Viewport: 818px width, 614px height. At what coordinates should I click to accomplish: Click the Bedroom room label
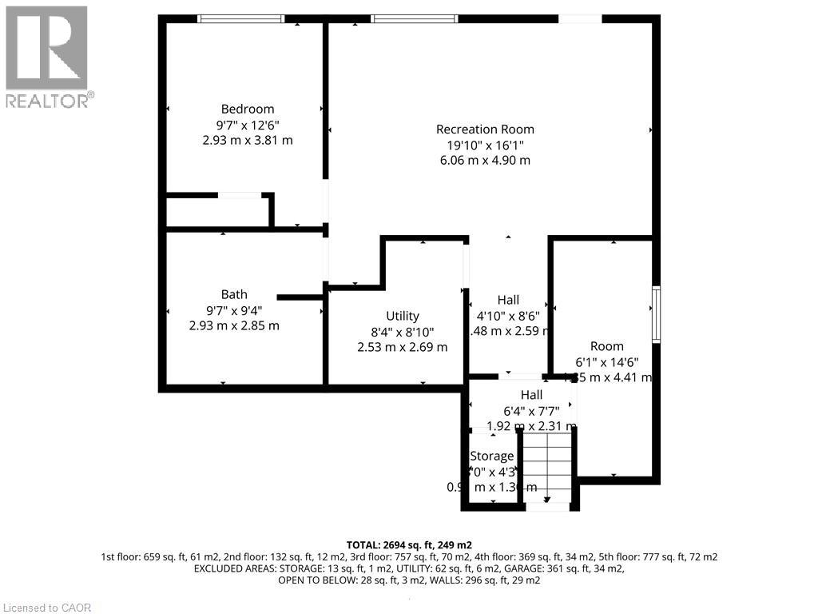(248, 110)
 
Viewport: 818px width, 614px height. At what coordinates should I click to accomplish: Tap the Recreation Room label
(485, 130)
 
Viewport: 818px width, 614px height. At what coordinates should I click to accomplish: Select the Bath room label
(234, 294)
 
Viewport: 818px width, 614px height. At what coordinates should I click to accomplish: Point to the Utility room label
(402, 316)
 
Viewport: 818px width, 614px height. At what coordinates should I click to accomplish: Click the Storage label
(492, 456)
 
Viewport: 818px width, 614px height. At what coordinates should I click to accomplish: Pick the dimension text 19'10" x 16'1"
(485, 145)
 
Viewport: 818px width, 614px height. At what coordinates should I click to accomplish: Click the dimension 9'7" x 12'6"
(248, 125)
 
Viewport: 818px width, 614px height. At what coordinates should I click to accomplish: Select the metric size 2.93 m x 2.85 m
(234, 325)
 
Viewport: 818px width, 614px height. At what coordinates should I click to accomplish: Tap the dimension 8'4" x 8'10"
(402, 332)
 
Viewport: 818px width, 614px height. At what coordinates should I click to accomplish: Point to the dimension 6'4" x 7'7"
(531, 410)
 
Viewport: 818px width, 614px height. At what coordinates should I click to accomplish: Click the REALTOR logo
(47, 57)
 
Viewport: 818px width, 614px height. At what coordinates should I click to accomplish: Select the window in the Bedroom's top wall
(241, 18)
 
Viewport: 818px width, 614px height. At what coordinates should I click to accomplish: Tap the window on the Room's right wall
(656, 314)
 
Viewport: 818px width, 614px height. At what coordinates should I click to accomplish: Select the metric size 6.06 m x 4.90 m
(485, 160)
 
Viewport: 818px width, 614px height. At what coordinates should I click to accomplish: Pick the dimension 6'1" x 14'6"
(607, 362)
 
